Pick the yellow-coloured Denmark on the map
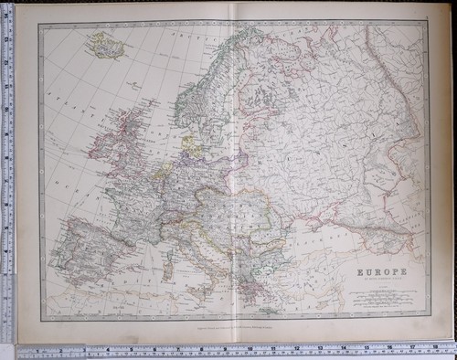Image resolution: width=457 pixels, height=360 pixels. click(x=194, y=143)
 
